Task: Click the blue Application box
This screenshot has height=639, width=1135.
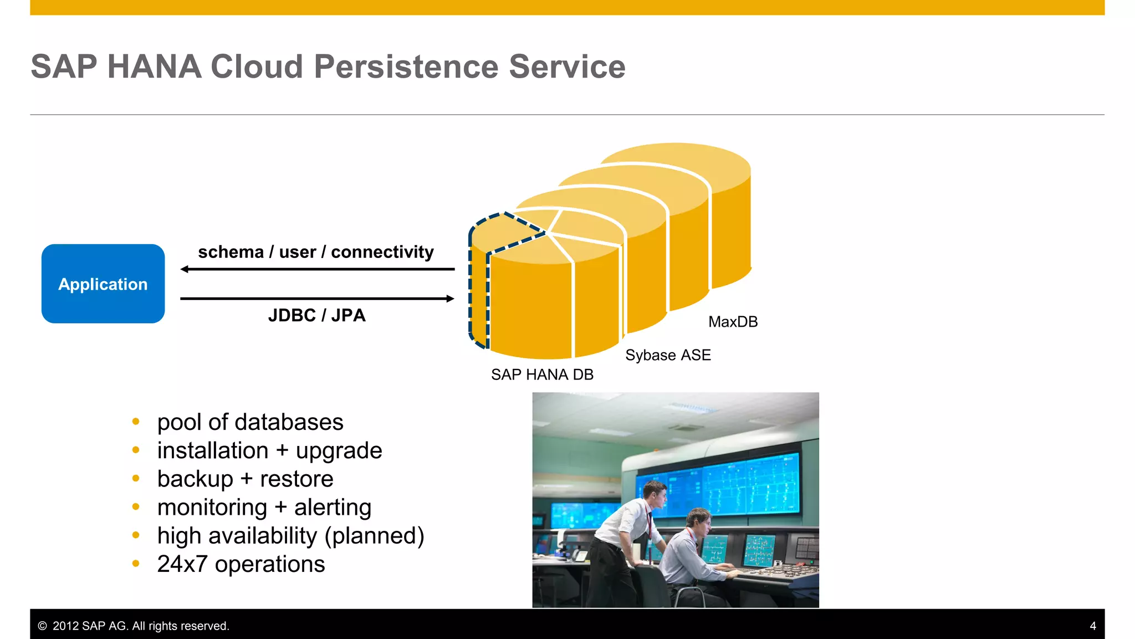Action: [x=103, y=283]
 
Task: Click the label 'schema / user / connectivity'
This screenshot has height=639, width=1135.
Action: [x=316, y=252]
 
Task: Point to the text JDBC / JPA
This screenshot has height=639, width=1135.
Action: [x=316, y=315]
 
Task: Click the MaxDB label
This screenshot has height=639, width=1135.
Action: [x=733, y=322]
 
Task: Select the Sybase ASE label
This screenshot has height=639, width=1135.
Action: [x=668, y=355]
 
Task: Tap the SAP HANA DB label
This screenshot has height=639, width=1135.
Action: [x=542, y=374]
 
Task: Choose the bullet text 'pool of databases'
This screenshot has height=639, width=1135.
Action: [x=250, y=422]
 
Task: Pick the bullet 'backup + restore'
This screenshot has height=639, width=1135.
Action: [x=245, y=479]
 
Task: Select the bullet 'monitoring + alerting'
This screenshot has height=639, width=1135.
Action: [x=264, y=507]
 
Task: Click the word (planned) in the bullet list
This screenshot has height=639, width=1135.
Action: [x=374, y=535]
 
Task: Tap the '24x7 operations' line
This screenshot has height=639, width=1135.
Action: [x=241, y=564]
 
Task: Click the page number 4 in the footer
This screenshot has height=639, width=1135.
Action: [x=1092, y=626]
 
